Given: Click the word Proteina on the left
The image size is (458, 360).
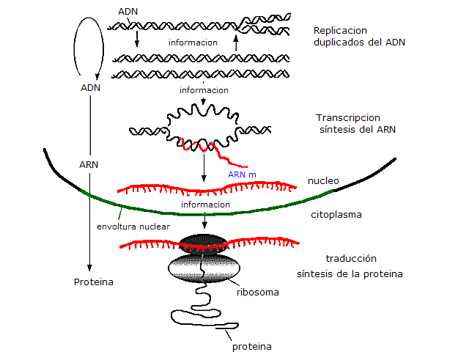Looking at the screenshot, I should pyautogui.click(x=93, y=282).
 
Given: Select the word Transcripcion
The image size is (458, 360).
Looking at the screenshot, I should pyautogui.click(x=347, y=117).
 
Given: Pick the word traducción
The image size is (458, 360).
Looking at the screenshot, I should pyautogui.click(x=350, y=259).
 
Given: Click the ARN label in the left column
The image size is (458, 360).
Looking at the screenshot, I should pyautogui.click(x=89, y=164).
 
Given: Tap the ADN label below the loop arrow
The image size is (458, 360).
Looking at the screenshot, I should pyautogui.click(x=89, y=88).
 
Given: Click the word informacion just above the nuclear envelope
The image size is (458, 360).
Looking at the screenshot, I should pyautogui.click(x=205, y=205).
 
